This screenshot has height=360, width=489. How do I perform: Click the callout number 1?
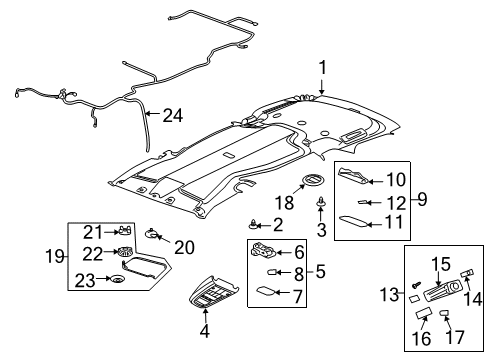tap(322, 68)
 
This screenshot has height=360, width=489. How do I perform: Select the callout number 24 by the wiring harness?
tap(173, 116)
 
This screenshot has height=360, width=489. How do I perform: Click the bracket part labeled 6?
tap(421, 199)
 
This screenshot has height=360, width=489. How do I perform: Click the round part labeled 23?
tap(116, 279)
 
